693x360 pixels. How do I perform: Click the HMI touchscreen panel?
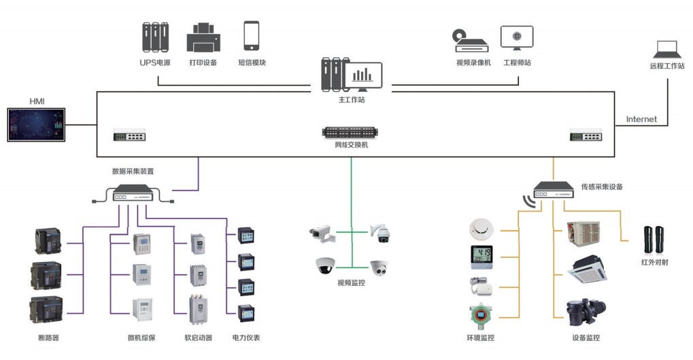(x=37, y=124)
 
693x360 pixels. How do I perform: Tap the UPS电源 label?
(x=155, y=63)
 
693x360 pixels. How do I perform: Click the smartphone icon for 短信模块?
(x=252, y=35)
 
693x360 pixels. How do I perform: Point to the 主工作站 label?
(x=352, y=101)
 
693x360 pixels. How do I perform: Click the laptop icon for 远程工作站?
(x=666, y=50)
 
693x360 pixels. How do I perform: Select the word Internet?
(x=641, y=119)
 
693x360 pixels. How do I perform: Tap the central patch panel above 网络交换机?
(x=351, y=132)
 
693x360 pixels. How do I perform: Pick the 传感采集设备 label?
(x=602, y=186)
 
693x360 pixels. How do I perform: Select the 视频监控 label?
(x=351, y=282)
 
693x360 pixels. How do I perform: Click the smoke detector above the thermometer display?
(x=480, y=229)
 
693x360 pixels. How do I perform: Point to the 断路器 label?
(x=48, y=338)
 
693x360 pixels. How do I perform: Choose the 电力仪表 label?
(x=246, y=338)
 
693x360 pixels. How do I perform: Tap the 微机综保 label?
(x=141, y=338)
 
